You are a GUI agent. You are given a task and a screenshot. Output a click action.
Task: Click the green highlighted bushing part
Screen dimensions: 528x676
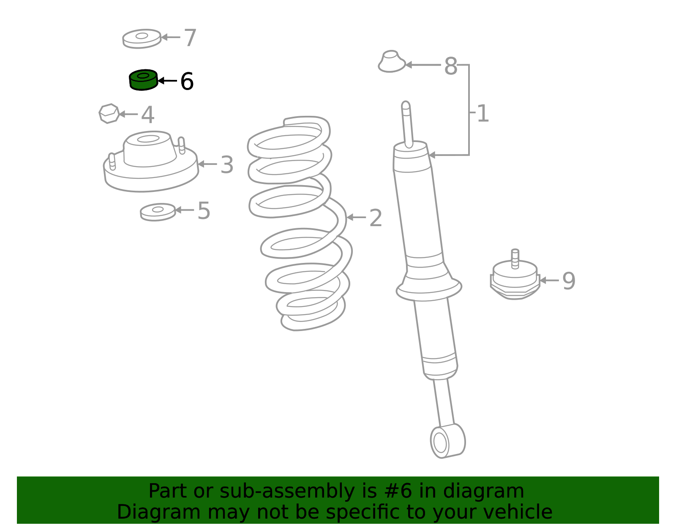click(x=143, y=80)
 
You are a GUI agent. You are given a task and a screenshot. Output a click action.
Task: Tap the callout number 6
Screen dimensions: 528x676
click(x=187, y=82)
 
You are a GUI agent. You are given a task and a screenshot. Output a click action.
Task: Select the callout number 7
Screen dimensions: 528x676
click(x=190, y=38)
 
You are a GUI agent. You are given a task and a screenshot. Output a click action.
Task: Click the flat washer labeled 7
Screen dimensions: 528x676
click(x=142, y=38)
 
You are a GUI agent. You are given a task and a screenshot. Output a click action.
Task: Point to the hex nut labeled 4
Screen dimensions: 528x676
click(x=109, y=114)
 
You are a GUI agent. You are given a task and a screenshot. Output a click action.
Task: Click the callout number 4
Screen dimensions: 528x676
click(x=147, y=115)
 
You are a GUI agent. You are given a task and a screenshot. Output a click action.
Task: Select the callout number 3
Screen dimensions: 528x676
click(x=227, y=165)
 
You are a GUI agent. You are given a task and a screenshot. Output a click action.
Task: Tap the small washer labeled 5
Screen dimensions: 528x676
click(x=158, y=212)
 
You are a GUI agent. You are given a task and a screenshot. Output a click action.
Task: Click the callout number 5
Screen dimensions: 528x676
click(x=204, y=211)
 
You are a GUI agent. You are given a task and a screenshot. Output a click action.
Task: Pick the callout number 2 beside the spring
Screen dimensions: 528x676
click(x=376, y=218)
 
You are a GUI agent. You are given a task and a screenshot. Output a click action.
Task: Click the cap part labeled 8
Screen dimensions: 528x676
click(x=391, y=62)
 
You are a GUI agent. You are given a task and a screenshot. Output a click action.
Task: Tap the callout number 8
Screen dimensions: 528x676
click(x=450, y=66)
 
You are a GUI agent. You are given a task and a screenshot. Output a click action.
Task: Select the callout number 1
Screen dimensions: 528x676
click(x=482, y=114)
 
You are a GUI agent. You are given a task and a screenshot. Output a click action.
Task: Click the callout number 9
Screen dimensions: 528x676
click(x=569, y=281)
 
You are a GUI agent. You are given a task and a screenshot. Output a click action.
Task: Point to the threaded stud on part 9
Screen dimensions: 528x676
click(x=515, y=258)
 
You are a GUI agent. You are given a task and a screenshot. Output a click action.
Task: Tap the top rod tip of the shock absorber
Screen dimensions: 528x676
click(x=406, y=106)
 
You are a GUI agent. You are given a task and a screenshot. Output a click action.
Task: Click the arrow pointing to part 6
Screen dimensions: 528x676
click(x=167, y=80)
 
